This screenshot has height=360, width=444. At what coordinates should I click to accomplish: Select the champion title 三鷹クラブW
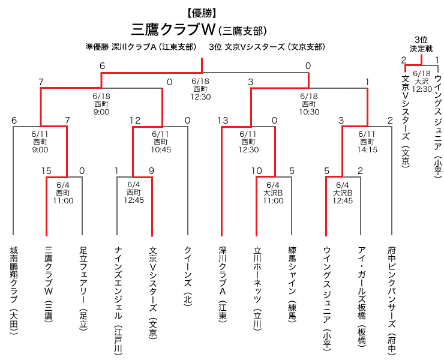coord(173,29)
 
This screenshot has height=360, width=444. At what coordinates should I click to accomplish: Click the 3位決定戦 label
coord(420,43)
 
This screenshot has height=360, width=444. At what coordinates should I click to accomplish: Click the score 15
coord(47,171)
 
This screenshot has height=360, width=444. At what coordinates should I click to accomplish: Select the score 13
coord(223,121)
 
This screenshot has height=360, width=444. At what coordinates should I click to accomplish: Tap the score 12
coord(135,121)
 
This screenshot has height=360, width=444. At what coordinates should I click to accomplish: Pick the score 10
coord(257,171)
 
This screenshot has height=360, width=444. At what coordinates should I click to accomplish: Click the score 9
coord(151,171)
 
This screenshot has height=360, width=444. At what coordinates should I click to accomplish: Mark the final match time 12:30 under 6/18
coord(200,96)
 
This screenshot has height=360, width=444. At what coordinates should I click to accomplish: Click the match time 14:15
coord(367,149)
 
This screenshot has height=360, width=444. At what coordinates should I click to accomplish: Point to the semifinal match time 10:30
coord(309,111)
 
